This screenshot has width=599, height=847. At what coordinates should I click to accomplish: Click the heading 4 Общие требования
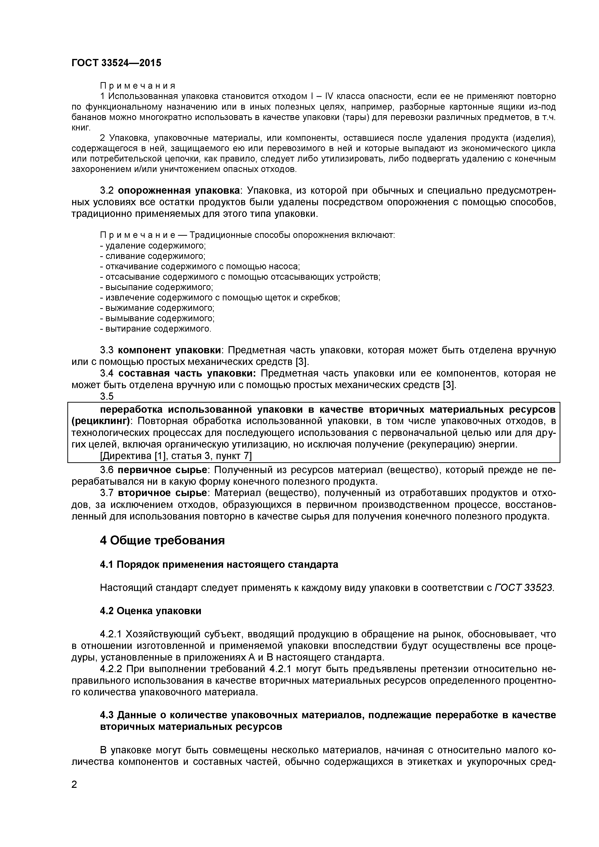tap(162, 541)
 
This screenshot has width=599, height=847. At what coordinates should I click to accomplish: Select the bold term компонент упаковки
tap(170, 350)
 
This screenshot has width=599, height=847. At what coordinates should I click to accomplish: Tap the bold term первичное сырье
tap(163, 470)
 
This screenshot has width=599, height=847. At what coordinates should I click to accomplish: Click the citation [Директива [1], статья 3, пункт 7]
tap(176, 456)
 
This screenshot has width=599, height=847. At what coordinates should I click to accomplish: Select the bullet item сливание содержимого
tap(152, 256)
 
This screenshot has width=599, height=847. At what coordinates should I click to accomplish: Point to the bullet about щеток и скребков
tap(220, 298)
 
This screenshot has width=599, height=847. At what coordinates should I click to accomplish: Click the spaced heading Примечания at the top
tap(138, 86)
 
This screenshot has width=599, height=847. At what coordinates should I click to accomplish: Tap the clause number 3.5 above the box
tap(107, 396)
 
